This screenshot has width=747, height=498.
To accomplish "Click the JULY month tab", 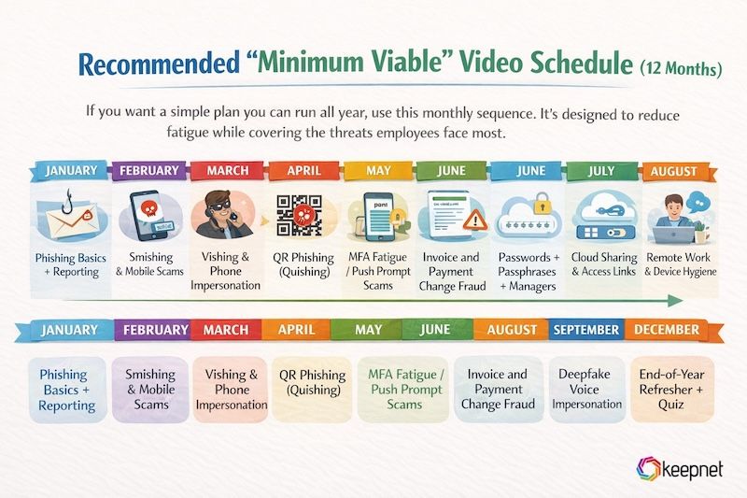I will click(x=603, y=171).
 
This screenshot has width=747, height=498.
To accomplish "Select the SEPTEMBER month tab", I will click(x=585, y=330).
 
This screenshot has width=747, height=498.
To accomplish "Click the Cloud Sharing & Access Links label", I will click(x=603, y=264).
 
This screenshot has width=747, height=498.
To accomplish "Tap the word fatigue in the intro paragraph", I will click(x=113, y=133).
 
